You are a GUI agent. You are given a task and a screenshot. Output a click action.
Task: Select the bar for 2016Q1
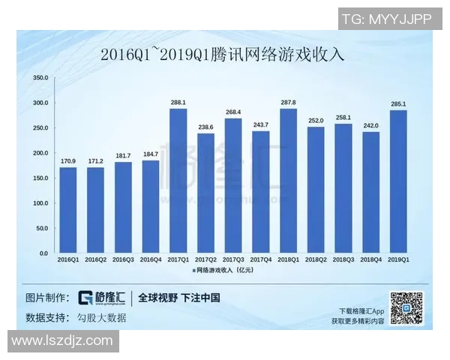pyautogui.click(x=68, y=210)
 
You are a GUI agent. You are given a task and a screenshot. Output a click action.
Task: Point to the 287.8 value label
pyautogui.click(x=288, y=102)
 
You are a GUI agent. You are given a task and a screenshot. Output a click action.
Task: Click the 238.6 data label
pyautogui.click(x=205, y=127)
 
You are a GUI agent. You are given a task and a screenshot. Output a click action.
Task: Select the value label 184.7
pyautogui.click(x=151, y=154)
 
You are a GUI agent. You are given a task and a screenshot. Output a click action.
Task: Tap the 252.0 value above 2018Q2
pyautogui.click(x=316, y=120)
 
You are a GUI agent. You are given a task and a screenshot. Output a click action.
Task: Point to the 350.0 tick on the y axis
pyautogui.click(x=40, y=78)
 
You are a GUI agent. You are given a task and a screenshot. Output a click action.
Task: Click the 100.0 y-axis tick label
pyautogui.click(x=40, y=203)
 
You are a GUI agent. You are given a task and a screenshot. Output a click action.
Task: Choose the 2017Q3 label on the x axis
pyautogui.click(x=232, y=259)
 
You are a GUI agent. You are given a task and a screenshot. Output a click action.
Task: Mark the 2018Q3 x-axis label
pyautogui.click(x=343, y=259)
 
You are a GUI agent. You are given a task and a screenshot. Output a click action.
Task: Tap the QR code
pyautogui.click(x=409, y=307)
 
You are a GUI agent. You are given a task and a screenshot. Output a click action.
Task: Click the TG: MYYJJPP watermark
pyautogui.click(x=386, y=19)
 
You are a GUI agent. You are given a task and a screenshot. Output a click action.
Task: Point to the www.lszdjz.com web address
pyautogui.click(x=62, y=341)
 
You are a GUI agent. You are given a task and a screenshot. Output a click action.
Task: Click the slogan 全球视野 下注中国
pyautogui.click(x=179, y=298)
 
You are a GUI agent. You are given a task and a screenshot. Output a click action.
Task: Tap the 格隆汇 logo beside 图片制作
pyautogui.click(x=103, y=298)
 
